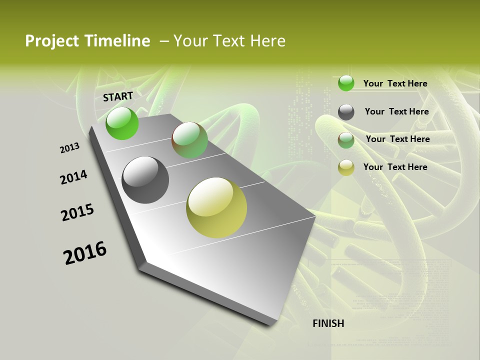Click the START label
118,96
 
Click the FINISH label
328,323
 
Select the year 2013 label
69,147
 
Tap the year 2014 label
73,177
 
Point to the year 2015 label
77,212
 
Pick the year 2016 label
85,253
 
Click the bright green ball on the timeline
122,123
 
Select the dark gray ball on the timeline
145,180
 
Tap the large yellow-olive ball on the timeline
216,207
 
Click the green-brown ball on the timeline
189,140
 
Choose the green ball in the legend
346,83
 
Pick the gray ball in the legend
346,112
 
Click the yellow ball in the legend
346,167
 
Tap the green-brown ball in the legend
346,140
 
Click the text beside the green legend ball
395,83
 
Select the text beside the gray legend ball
396,111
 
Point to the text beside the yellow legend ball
395,167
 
